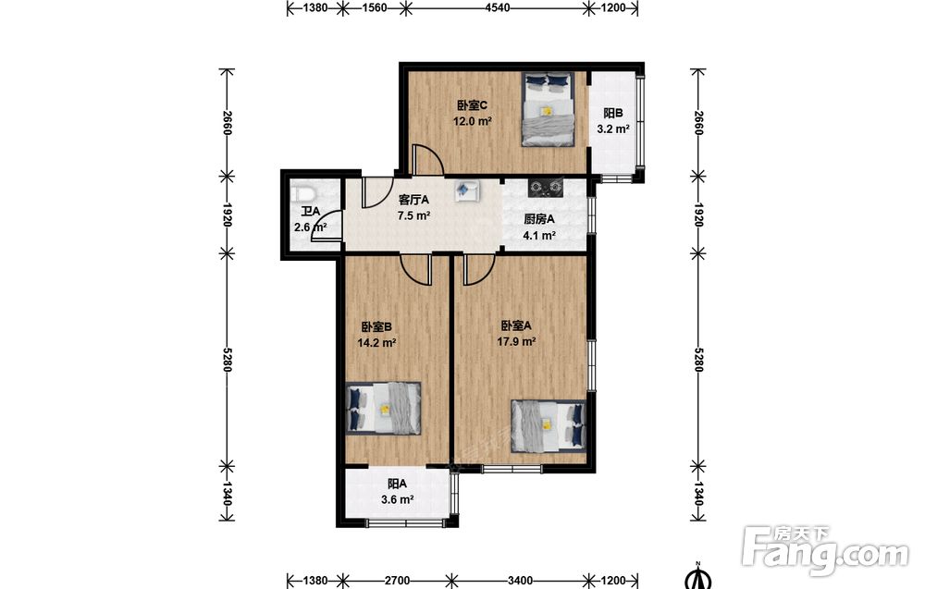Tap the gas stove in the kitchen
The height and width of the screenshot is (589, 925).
(x=547, y=188)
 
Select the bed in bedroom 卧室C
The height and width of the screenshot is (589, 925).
(x=548, y=108)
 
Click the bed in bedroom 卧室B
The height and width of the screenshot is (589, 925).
(x=384, y=409)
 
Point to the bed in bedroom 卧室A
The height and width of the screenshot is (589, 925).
(x=549, y=425)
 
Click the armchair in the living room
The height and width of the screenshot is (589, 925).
(x=466, y=190)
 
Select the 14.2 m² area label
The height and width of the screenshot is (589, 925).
(x=376, y=342)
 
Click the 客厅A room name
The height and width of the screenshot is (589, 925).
(x=413, y=200)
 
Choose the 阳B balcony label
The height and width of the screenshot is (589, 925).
(x=613, y=113)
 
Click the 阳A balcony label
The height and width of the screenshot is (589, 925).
(x=397, y=485)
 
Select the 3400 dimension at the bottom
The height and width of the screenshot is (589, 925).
(x=521, y=581)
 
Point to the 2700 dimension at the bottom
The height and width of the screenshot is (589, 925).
(x=397, y=581)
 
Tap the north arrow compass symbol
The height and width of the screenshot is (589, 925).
(x=697, y=577)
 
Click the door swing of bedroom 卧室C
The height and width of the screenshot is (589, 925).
(x=427, y=159)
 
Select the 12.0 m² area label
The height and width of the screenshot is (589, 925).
(x=473, y=122)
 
